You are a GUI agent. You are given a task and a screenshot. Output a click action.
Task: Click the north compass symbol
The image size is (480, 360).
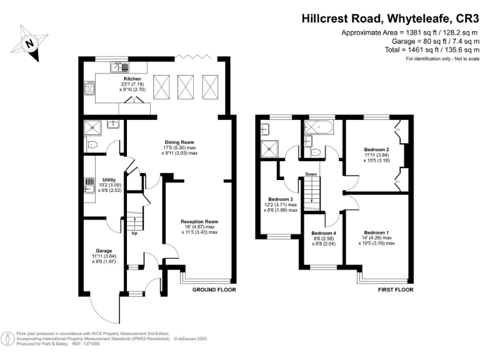pyautogui.click(x=30, y=43)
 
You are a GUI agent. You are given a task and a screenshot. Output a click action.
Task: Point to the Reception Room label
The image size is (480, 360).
pyautogui.click(x=199, y=222)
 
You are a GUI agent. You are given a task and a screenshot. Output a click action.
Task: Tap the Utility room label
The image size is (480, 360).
pyautogui.click(x=109, y=180)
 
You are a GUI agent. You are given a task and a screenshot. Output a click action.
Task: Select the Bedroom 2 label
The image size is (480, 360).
pyautogui.click(x=377, y=150)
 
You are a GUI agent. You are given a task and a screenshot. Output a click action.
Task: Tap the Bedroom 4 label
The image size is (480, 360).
pyautogui.click(x=324, y=234)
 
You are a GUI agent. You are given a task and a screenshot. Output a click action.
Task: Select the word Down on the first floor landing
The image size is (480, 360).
pyautogui.click(x=312, y=174)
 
